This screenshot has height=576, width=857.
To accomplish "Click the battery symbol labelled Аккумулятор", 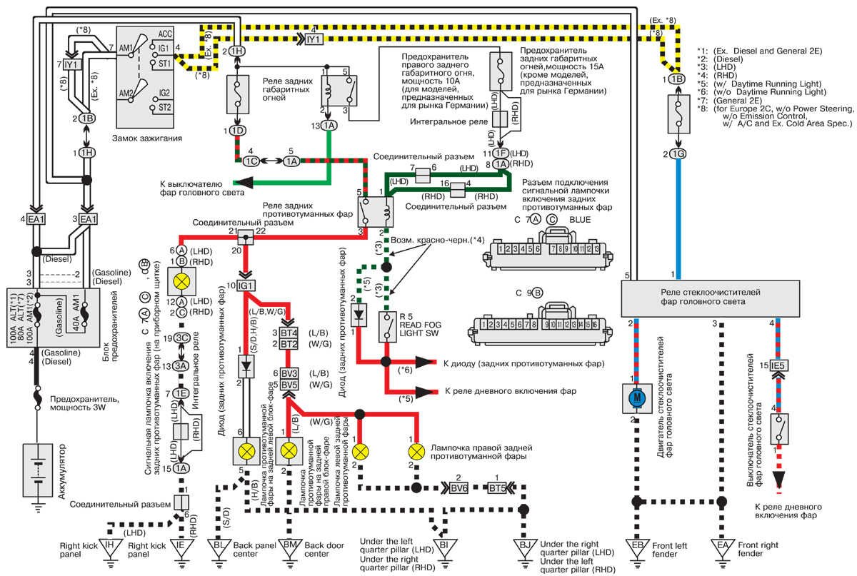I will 33,471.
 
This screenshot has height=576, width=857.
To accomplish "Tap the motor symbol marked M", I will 633,398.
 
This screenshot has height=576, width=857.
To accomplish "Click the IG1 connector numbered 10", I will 246,286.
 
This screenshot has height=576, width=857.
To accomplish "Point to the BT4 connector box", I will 289,333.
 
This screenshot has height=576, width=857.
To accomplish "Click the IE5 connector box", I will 778,365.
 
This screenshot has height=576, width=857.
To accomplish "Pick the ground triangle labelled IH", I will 109,547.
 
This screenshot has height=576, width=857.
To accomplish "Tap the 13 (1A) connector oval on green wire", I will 329,125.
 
